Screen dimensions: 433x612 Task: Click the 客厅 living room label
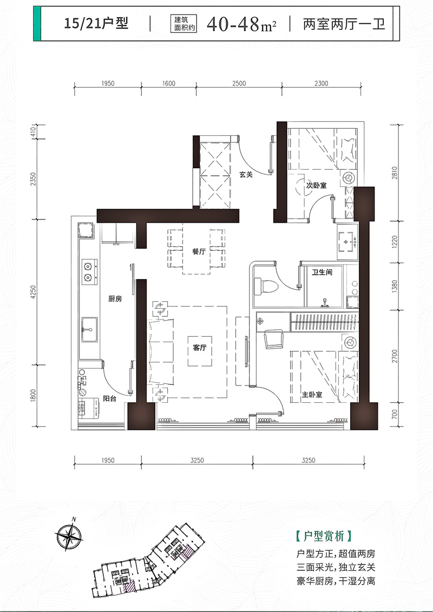(x=199, y=348)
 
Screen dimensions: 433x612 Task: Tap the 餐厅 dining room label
(x=199, y=252)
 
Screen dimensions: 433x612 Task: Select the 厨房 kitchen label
(x=115, y=299)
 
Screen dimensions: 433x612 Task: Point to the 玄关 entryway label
(x=246, y=175)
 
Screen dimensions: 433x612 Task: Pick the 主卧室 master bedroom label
(x=312, y=395)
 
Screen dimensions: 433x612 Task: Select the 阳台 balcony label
(x=109, y=398)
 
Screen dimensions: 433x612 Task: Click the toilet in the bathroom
(x=265, y=287)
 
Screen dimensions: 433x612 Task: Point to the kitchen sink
(x=89, y=329)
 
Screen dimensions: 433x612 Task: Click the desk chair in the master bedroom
(x=275, y=339)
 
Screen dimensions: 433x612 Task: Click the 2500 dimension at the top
(x=239, y=83)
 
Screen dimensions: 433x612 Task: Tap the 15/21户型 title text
(x=96, y=23)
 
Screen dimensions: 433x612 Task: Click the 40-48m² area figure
(x=241, y=24)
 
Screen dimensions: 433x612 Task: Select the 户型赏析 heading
(x=324, y=535)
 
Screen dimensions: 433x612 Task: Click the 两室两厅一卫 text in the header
(x=344, y=24)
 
